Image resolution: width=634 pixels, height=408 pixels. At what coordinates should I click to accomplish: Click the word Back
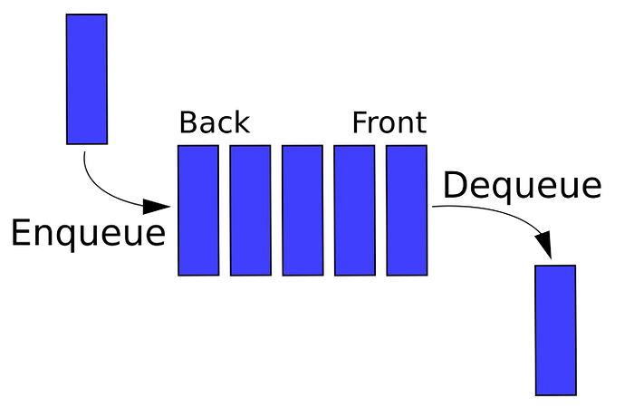pyautogui.click(x=214, y=122)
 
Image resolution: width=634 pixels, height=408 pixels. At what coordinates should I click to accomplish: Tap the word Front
pyautogui.click(x=389, y=122)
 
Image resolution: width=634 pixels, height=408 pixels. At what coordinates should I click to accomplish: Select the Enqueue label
pyautogui.click(x=88, y=233)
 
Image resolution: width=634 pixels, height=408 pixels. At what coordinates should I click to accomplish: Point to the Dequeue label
pyautogui.click(x=522, y=186)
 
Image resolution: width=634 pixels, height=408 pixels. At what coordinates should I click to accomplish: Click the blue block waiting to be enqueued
pyautogui.click(x=87, y=79)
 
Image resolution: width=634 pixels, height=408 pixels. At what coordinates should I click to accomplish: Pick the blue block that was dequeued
pyautogui.click(x=555, y=330)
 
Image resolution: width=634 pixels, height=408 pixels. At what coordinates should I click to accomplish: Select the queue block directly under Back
pyautogui.click(x=198, y=210)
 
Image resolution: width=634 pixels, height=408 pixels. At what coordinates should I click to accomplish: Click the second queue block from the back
pyautogui.click(x=250, y=210)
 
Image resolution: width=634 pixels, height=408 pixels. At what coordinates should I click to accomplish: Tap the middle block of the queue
pyautogui.click(x=303, y=210)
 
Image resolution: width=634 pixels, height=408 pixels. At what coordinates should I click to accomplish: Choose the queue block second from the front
pyautogui.click(x=354, y=210)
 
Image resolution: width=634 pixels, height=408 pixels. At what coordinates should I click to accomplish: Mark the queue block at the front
pyautogui.click(x=407, y=210)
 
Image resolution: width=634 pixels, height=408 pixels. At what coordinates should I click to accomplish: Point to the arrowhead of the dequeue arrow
pyautogui.click(x=545, y=246)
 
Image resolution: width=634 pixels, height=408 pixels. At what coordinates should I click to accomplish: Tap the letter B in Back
pyautogui.click(x=188, y=122)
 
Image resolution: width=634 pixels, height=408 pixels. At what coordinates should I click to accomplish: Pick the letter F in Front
pyautogui.click(x=360, y=122)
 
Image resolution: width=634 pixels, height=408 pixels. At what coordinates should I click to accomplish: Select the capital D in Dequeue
pyautogui.click(x=456, y=185)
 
